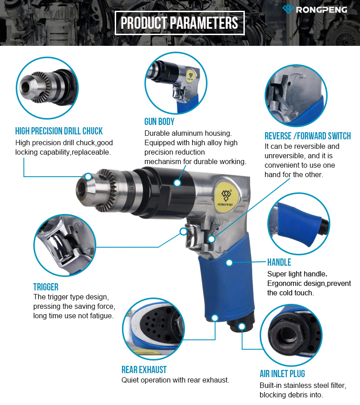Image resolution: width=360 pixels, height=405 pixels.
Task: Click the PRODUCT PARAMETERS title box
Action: point(180,23)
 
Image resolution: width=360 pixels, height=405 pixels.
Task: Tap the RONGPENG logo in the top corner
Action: point(315,9)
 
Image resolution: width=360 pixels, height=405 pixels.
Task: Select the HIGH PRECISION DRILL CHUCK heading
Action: point(59,131)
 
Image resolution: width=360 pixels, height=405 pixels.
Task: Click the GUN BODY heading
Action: point(159,121)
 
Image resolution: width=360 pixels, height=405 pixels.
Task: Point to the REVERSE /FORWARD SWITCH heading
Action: point(307,136)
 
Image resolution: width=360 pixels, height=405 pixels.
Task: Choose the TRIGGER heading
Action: point(46,287)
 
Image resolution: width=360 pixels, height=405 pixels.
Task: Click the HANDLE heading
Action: point(279,262)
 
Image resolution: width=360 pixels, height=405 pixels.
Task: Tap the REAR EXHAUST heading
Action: point(144,369)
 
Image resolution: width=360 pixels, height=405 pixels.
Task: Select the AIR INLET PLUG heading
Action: point(283,374)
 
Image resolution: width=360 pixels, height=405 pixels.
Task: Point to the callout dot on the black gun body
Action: point(177,183)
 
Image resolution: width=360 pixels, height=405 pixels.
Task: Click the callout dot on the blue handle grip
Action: point(229,263)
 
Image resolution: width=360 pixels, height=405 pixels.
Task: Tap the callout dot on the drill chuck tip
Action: point(88,177)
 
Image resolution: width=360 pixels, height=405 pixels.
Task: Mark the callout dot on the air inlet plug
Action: point(242,326)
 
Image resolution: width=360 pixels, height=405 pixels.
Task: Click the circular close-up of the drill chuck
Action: point(47,88)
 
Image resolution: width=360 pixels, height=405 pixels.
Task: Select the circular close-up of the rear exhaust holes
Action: point(153,329)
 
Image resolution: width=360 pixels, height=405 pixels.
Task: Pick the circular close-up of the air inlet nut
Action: point(291,335)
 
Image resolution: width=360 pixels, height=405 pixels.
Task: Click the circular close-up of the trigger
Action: point(65,245)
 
